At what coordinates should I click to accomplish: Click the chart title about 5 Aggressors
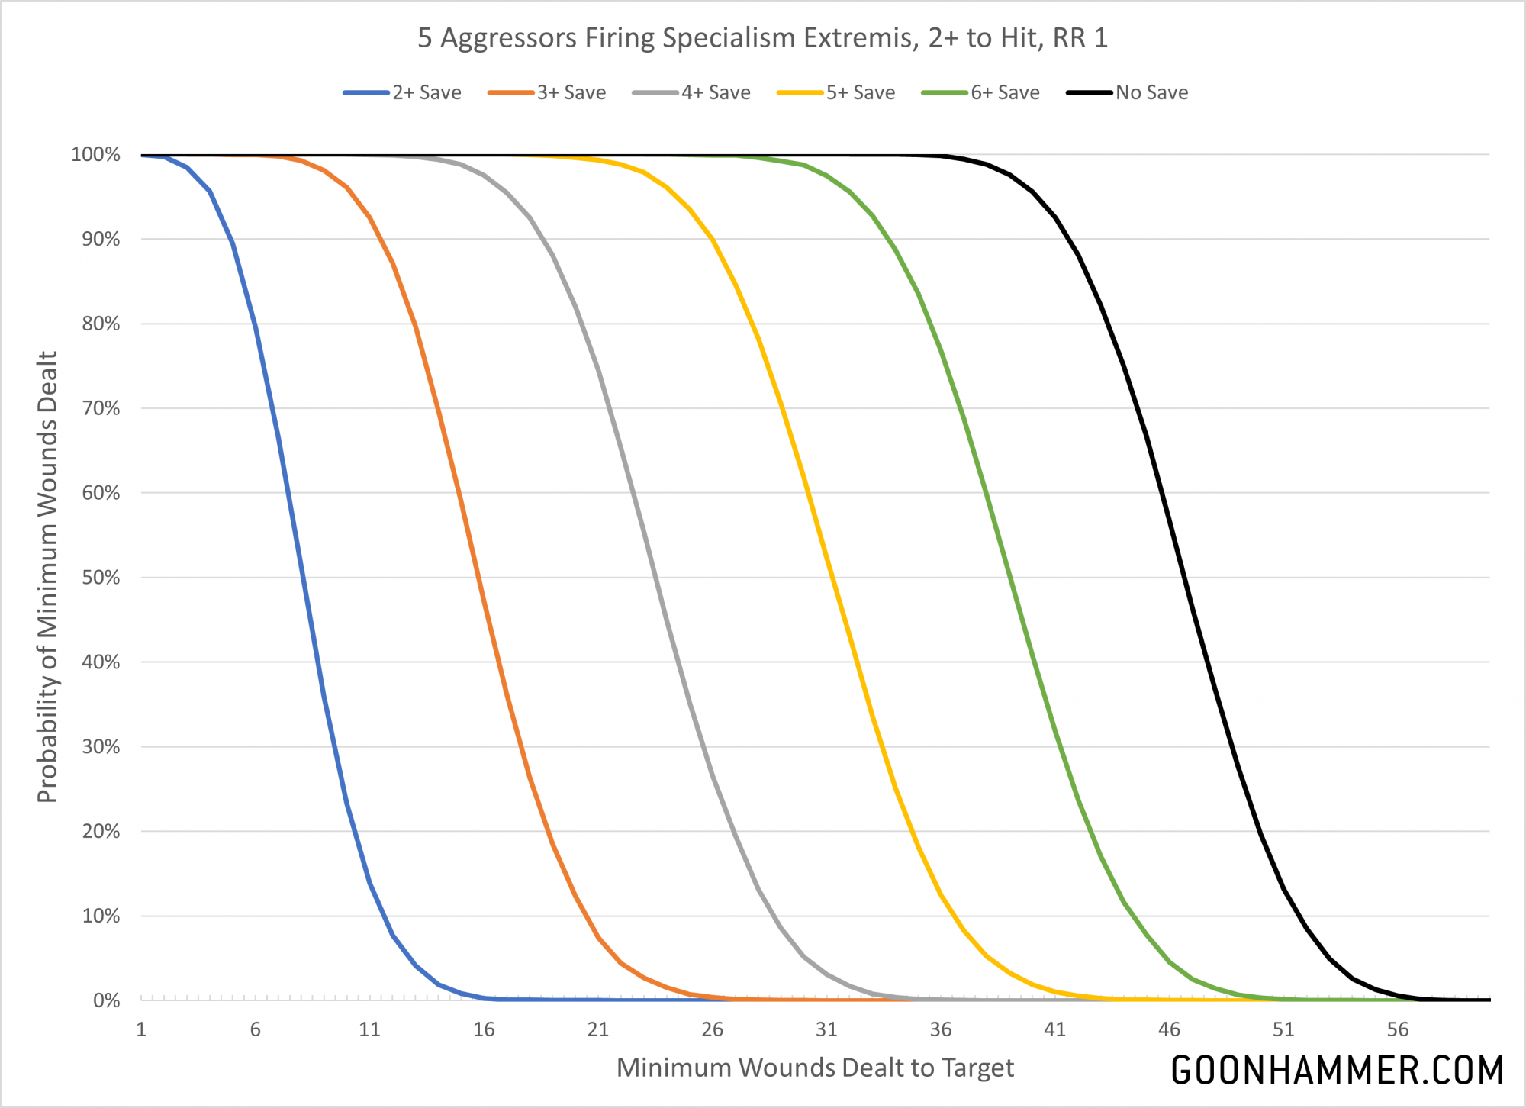tap(762, 38)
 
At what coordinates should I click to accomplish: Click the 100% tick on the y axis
tap(95, 155)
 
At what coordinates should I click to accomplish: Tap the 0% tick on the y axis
tap(106, 1000)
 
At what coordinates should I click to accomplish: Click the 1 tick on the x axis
tap(141, 1029)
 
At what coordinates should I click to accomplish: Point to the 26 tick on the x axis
tap(712, 1029)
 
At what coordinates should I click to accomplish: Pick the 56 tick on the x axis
tap(1397, 1029)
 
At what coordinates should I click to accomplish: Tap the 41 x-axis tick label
tap(1054, 1029)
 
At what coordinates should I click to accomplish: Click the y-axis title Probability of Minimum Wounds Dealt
tap(47, 577)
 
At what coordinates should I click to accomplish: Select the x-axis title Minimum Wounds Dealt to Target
tap(815, 1068)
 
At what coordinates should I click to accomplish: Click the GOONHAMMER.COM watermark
tap(1337, 1070)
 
